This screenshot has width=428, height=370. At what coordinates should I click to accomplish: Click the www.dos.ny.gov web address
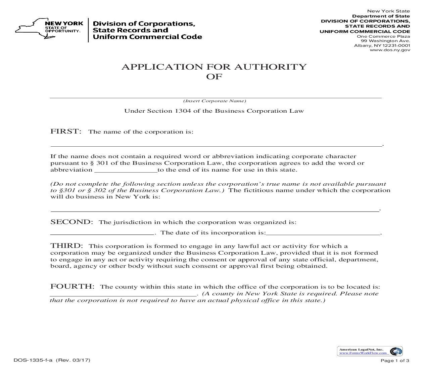[x=390, y=50]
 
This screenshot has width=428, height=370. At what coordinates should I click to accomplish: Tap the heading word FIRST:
[x=66, y=131]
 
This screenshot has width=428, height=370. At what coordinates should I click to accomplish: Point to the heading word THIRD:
[x=66, y=246]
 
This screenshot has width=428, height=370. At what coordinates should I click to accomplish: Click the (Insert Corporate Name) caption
[x=215, y=101]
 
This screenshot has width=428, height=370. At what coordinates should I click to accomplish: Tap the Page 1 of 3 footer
[x=395, y=361]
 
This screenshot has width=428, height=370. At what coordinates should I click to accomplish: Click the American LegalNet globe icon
[x=396, y=351]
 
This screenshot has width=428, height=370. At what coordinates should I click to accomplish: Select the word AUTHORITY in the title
[x=270, y=67]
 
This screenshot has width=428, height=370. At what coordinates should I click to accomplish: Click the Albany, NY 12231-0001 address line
[x=382, y=45]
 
